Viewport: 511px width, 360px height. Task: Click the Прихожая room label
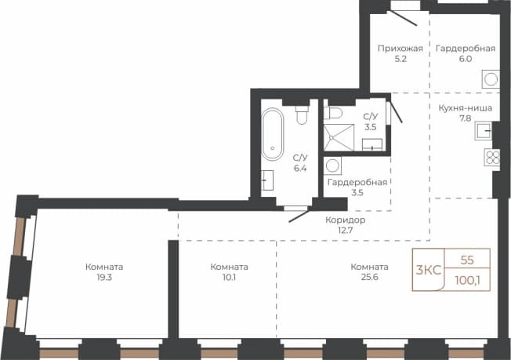coord(400,49)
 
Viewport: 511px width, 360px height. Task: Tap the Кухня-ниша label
coord(465,108)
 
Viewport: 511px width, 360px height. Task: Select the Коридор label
coord(345,220)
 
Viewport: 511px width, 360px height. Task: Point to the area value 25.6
coord(370,277)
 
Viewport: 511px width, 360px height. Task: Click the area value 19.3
coord(104,277)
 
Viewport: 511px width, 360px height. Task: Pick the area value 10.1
coord(229,277)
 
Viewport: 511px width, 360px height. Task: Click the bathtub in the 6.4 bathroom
coord(273,134)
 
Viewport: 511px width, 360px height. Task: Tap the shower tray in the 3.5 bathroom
coord(339,137)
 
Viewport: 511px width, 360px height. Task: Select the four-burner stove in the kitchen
coord(492,157)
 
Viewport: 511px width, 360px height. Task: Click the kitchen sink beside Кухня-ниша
coord(484,130)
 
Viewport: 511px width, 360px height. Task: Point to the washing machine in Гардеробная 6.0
coord(491,79)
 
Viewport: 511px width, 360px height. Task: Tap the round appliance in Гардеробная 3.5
coord(332,165)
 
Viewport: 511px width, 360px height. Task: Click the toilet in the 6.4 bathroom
coord(302,115)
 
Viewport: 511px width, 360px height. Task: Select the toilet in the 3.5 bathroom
coord(333,113)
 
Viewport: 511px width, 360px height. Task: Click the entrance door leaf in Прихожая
coord(402,18)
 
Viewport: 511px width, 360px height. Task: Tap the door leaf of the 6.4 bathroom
coord(299,216)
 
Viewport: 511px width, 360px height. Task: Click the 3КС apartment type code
coord(428,271)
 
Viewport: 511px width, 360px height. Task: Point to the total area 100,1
coord(467,280)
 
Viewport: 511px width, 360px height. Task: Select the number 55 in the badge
coord(467,260)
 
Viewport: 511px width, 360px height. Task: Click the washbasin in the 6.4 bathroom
coord(267,180)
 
